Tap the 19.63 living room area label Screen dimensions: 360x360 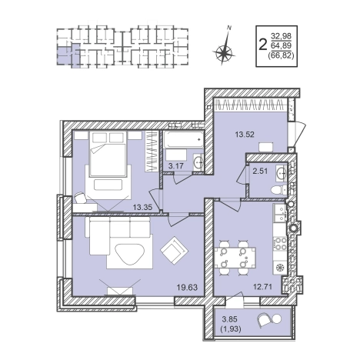(187, 288)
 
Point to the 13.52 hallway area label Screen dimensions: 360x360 (245, 135)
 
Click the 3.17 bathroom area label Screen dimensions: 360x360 (175, 166)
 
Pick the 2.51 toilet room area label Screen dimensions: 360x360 (260, 171)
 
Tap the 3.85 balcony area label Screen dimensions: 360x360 (230, 319)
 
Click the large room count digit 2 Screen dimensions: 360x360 (262, 45)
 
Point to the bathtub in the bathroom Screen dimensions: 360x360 (184, 140)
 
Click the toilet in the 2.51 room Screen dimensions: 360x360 (279, 190)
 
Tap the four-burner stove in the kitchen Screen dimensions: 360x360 (279, 243)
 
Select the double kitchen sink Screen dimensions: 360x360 (279, 213)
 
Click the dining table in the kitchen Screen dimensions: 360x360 (235, 258)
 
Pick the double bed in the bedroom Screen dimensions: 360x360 (108, 153)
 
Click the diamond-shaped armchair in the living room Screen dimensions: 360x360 (175, 251)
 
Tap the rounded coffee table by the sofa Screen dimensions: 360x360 (131, 255)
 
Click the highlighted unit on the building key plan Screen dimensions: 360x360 (67, 55)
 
